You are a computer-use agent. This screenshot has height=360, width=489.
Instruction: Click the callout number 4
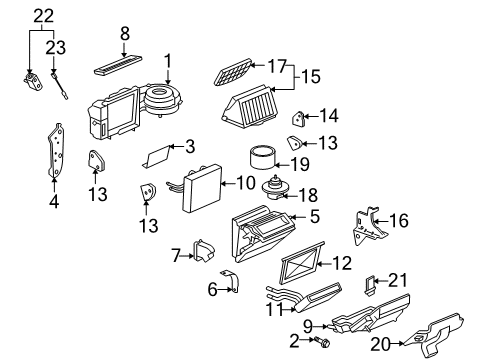pyautogui.click(x=54, y=201)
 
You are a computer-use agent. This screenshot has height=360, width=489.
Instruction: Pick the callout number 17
pyautogui.click(x=276, y=66)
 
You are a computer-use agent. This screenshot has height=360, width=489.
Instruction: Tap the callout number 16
pyautogui.click(x=398, y=221)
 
